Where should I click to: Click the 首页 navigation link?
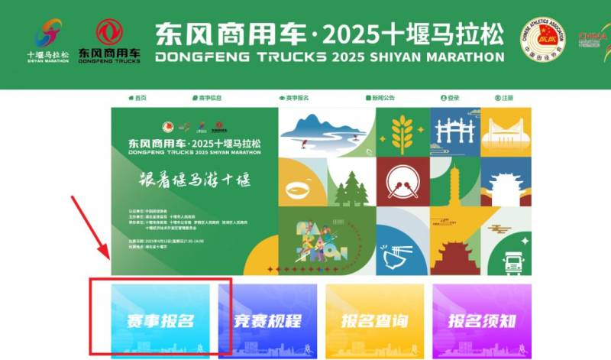click(138, 98)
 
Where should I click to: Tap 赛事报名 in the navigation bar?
click(294, 98)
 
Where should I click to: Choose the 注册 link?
click(504, 98)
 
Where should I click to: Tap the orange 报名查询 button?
click(375, 321)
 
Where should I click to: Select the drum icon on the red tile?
click(403, 185)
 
